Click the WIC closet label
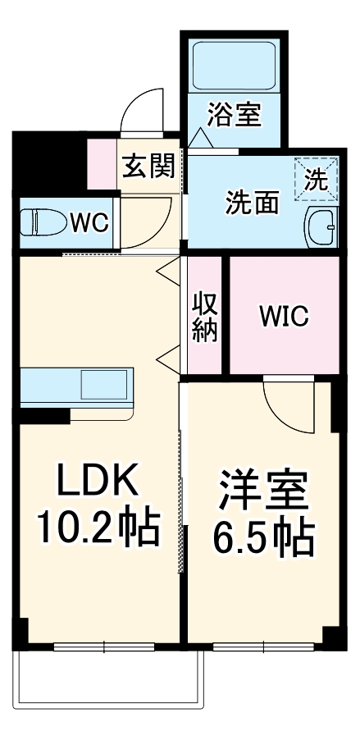(x=285, y=316)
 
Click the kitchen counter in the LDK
(x=49, y=386)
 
